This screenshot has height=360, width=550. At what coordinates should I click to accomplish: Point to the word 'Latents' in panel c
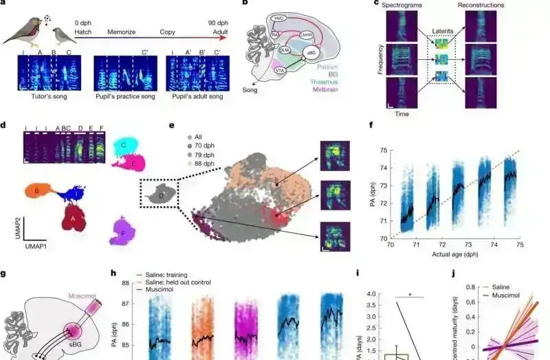pyautogui.click(x=443, y=32)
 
